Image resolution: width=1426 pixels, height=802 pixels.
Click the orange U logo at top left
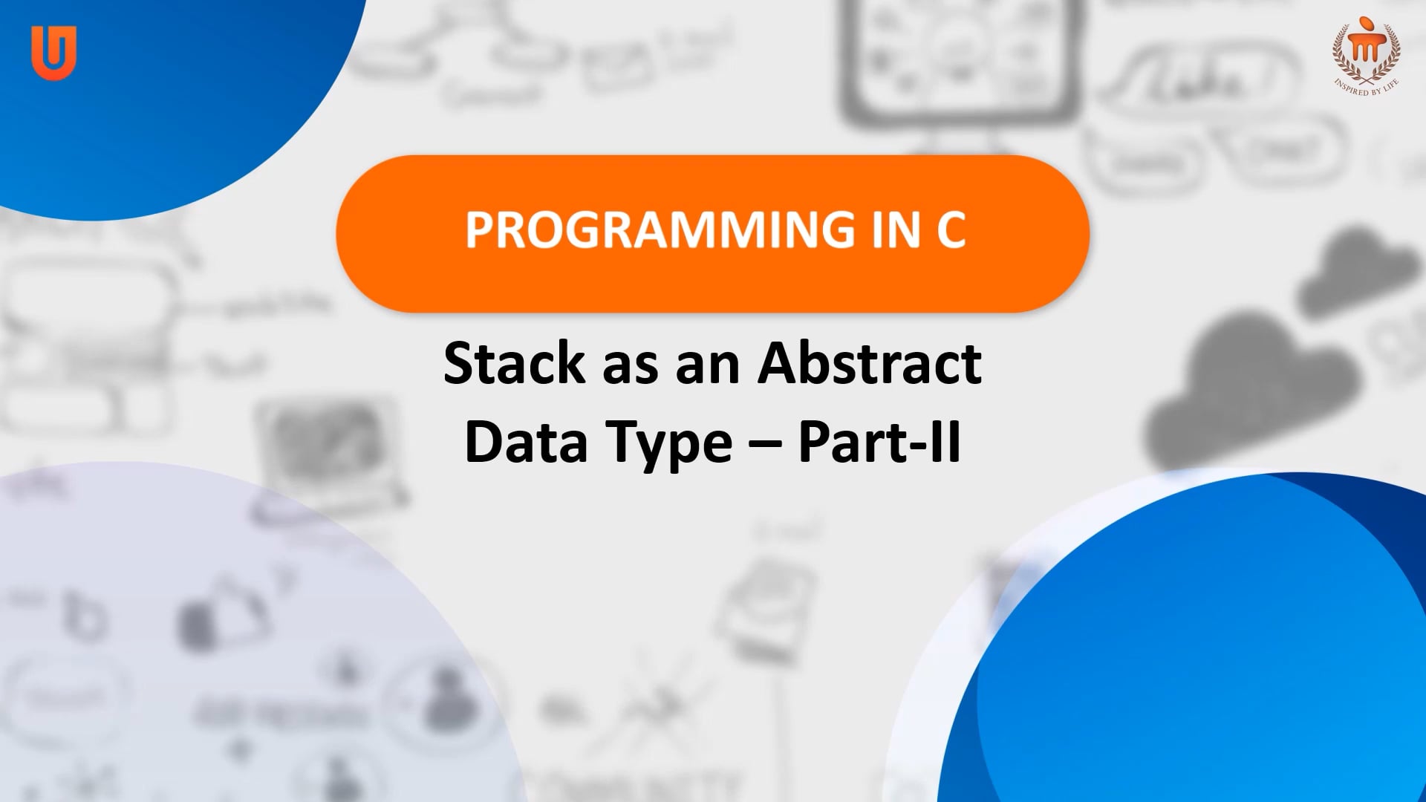pyautogui.click(x=53, y=52)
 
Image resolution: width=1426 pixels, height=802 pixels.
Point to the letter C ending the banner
pyautogui.click(x=951, y=230)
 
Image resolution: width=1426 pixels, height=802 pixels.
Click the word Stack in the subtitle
pyautogui.click(x=514, y=364)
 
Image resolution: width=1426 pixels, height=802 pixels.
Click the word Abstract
pyautogui.click(x=870, y=364)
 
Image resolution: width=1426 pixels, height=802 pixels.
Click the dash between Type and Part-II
pyautogui.click(x=765, y=443)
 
